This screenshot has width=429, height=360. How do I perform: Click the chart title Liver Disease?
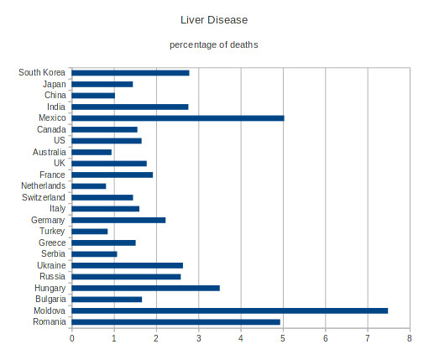(x=214, y=20)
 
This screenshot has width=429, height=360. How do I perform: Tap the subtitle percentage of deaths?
(x=214, y=44)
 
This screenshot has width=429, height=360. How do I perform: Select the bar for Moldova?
(x=230, y=310)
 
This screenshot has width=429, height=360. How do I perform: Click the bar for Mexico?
(x=178, y=118)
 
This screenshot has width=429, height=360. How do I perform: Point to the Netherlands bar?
(x=89, y=186)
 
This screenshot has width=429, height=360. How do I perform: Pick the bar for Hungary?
(x=145, y=288)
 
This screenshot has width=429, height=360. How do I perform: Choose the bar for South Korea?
(x=130, y=73)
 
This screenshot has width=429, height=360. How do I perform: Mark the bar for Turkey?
(x=90, y=232)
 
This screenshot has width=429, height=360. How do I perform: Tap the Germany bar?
(x=118, y=220)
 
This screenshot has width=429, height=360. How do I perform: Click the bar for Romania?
(x=175, y=322)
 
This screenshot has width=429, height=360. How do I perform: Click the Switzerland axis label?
(x=44, y=197)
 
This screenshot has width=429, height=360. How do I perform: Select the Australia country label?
(x=50, y=152)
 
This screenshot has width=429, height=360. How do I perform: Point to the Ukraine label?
(x=51, y=265)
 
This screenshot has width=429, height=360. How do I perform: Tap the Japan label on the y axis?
(x=55, y=84)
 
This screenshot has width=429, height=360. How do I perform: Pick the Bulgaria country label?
(x=50, y=300)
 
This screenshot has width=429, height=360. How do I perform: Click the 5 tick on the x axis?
(x=283, y=338)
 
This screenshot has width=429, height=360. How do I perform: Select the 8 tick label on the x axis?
(x=410, y=338)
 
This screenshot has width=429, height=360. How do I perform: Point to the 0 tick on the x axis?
(x=72, y=338)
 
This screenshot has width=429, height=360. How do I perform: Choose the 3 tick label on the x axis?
(x=199, y=338)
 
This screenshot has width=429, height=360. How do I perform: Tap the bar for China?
(x=93, y=96)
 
